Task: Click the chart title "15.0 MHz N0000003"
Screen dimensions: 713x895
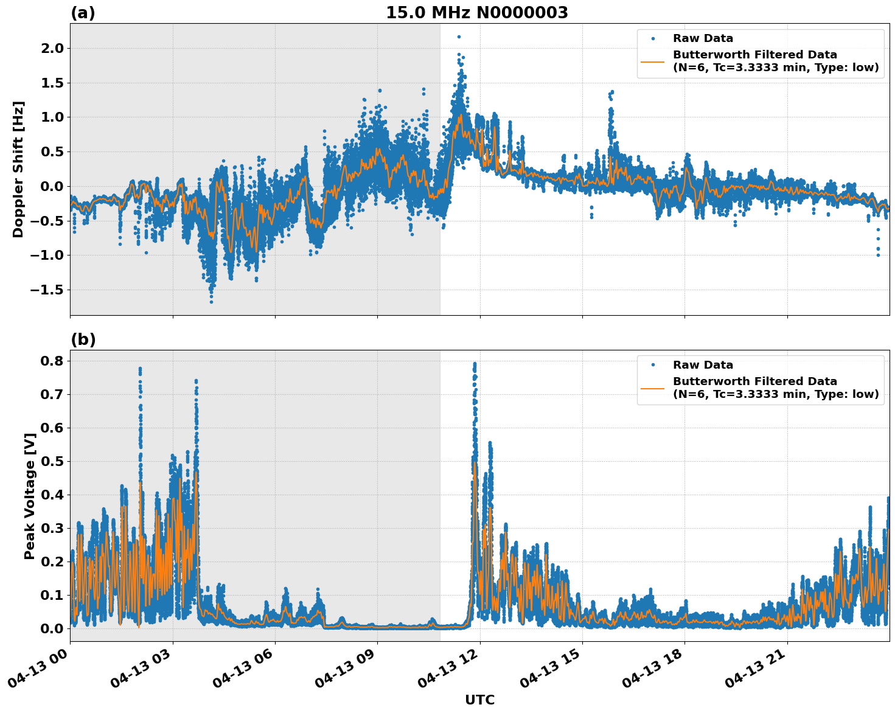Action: coord(476,13)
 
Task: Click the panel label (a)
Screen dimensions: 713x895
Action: coord(83,13)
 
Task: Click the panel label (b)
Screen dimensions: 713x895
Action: coord(83,339)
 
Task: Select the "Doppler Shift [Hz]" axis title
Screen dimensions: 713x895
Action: coord(18,169)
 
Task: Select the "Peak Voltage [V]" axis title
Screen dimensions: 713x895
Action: coord(29,496)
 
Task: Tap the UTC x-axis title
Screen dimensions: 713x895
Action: coord(479,700)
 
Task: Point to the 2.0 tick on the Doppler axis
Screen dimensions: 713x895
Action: coord(54,48)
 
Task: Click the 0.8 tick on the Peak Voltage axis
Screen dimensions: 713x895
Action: coord(54,361)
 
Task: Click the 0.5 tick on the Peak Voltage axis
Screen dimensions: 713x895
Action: coord(54,461)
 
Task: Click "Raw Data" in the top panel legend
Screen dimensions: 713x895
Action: coord(703,38)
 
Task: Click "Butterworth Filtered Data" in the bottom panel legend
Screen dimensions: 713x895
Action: coord(754,381)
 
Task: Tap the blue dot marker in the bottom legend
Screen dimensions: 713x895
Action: coord(653,365)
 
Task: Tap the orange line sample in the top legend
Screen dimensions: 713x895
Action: coord(653,61)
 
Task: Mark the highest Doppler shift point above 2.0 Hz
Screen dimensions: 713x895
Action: coord(459,37)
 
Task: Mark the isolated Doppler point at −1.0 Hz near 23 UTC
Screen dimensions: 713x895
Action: coord(878,255)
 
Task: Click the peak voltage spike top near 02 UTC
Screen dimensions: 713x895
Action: coord(140,369)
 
